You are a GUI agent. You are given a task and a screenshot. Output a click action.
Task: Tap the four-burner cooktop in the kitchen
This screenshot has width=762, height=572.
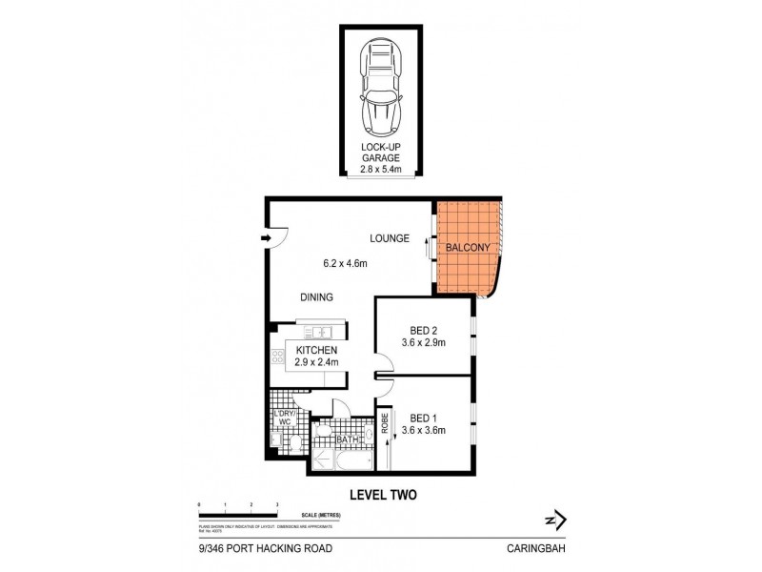coord(278,358)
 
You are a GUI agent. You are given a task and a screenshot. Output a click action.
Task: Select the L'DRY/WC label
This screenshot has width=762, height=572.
coord(282,420)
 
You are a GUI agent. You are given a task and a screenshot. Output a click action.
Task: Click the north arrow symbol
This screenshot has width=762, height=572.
coord(554,520)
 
